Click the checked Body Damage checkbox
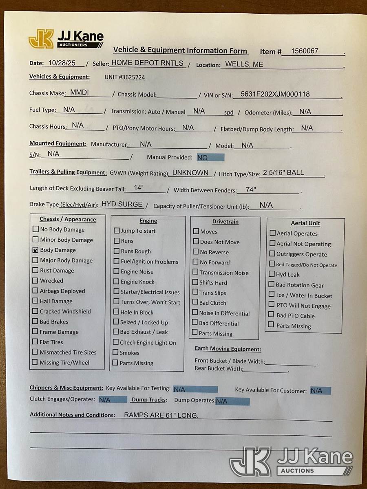(x=35, y=250)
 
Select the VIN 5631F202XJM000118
(x=275, y=95)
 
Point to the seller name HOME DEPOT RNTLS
(x=148, y=63)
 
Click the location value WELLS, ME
(x=244, y=64)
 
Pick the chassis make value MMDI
(x=79, y=93)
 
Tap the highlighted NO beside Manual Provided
(x=203, y=158)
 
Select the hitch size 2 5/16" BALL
(x=283, y=173)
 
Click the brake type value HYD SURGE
(x=122, y=204)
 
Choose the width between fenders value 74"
(x=251, y=190)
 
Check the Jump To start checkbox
(x=117, y=231)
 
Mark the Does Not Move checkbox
(x=196, y=242)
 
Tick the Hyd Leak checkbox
(x=272, y=274)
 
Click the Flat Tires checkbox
(x=35, y=342)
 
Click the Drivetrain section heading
(x=225, y=222)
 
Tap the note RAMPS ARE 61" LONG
(x=161, y=415)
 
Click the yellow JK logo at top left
(x=41, y=39)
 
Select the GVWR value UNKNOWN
(x=190, y=173)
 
